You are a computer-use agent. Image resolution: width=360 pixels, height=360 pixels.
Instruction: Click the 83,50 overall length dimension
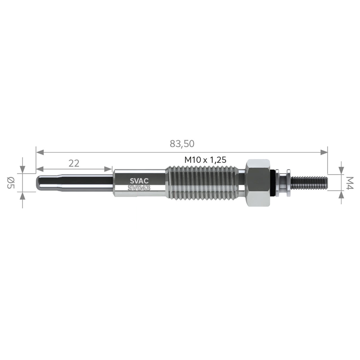coord(182,144)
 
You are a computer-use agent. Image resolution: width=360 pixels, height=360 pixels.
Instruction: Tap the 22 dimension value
coord(74,163)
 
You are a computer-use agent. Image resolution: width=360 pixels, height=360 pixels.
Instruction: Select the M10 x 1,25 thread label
coord(205,160)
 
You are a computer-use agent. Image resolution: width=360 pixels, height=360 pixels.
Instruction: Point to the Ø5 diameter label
coord(10,183)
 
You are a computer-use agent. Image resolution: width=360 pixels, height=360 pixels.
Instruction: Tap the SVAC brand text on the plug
coord(139,181)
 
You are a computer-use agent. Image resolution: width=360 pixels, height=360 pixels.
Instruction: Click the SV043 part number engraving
coord(139,188)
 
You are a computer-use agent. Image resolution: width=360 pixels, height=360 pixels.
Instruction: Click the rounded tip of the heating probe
coord(38,183)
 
